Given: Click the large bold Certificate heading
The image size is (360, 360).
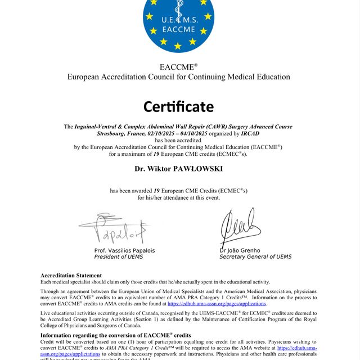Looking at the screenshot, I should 179,106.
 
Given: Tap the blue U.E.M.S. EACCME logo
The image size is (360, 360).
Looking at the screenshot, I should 179,22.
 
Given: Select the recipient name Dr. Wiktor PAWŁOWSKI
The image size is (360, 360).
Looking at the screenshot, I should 179,168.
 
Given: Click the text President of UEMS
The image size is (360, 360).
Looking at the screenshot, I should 119,257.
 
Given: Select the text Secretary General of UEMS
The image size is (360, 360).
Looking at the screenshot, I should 255,257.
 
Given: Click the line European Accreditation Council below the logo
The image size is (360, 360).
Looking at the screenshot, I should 179,77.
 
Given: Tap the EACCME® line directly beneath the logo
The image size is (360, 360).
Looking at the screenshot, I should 179,67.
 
